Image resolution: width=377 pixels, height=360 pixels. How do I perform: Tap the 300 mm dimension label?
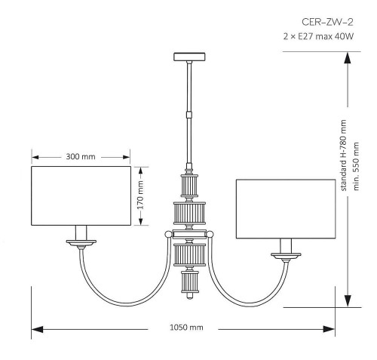pyautogui.click(x=81, y=157)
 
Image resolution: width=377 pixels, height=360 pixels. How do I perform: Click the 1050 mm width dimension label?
pyautogui.click(x=185, y=328)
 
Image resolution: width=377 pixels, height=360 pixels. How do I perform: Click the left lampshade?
pyautogui.click(x=81, y=195)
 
